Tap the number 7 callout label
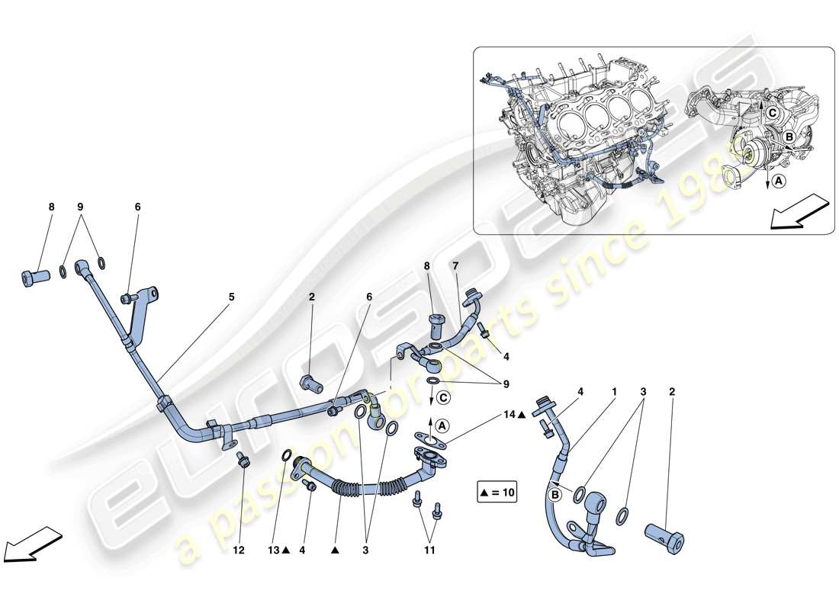point(456,267)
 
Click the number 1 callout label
point(613,392)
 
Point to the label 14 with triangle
point(513,416)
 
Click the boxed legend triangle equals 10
point(497,493)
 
